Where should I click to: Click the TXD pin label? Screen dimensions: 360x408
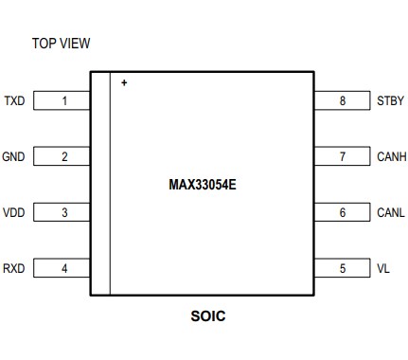tap(15, 100)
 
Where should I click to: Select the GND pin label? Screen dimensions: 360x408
tap(15, 156)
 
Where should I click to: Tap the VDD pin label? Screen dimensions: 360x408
tap(15, 212)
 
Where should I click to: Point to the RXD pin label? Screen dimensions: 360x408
tap(15, 268)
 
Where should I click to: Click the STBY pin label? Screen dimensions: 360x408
tap(390, 100)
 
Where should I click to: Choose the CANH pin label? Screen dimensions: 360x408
tap(391, 156)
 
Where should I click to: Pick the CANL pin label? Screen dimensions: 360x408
tap(390, 212)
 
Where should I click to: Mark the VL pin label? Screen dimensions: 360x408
tap(382, 268)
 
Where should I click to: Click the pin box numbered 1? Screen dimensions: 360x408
tap(64, 100)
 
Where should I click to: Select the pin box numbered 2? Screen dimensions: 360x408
tap(64, 156)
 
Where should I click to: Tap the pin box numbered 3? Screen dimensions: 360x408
tap(64, 212)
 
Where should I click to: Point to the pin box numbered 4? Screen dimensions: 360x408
tap(64, 268)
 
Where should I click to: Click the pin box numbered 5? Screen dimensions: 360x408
tap(342, 268)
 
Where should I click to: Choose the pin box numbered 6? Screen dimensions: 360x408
tap(342, 212)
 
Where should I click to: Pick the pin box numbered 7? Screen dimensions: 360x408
tap(342, 156)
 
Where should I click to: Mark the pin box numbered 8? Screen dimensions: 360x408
tap(342, 100)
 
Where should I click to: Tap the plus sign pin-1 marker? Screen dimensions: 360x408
tap(124, 83)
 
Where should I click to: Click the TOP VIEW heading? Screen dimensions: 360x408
tap(61, 44)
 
